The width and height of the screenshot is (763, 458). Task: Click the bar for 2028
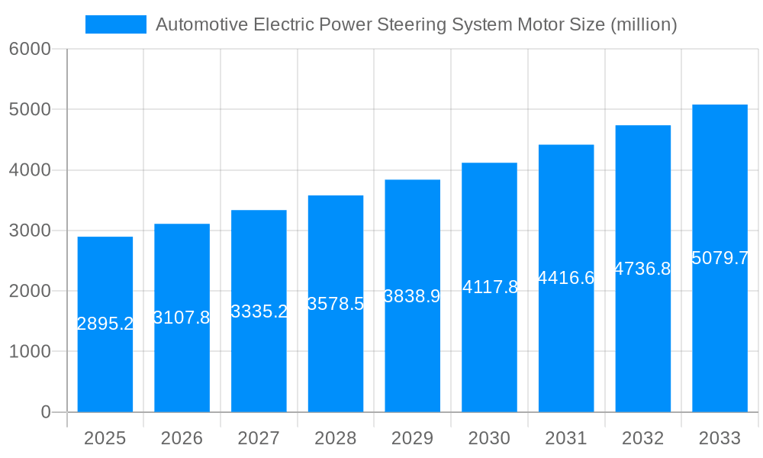tap(336, 359)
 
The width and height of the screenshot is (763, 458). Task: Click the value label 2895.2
tap(105, 324)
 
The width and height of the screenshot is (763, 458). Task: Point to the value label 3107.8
tap(182, 318)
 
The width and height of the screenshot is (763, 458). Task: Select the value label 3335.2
tap(259, 311)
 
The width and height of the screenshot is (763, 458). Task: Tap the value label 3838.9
tap(412, 296)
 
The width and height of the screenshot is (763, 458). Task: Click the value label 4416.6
tap(566, 278)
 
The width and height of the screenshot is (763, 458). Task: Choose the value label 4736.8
tap(642, 269)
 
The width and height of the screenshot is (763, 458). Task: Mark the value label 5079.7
tap(720, 258)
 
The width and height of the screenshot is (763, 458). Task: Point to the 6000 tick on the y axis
tap(30, 50)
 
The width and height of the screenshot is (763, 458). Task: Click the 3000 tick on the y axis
tap(30, 231)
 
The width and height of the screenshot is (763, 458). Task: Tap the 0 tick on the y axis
tap(45, 412)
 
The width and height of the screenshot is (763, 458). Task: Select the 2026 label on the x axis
tap(182, 438)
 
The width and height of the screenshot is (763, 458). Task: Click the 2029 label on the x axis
tap(412, 438)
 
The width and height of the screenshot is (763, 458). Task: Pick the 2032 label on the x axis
tap(642, 438)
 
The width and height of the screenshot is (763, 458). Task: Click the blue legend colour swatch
tap(116, 24)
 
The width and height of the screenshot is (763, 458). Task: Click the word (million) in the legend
tap(643, 25)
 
